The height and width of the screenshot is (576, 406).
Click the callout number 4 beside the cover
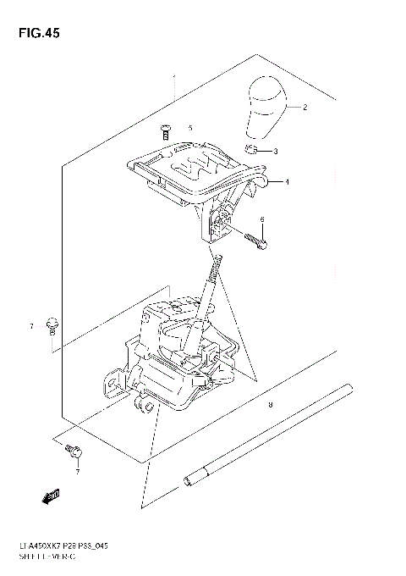[287, 182]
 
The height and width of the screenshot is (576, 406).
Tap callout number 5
[190, 128]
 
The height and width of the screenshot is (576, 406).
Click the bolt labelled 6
[256, 242]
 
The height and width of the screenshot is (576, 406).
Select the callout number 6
[262, 219]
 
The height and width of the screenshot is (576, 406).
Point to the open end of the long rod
[185, 484]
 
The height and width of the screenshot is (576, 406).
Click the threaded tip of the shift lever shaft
[217, 265]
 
